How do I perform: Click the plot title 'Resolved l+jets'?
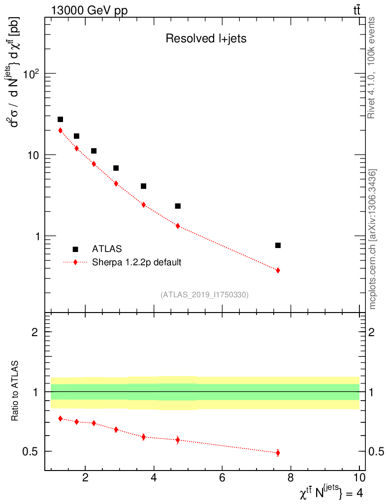click(x=206, y=39)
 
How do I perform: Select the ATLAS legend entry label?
click(x=107, y=249)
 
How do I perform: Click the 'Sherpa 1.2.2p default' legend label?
click(x=137, y=262)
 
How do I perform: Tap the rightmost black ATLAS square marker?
click(x=278, y=245)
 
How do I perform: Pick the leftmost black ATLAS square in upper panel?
click(x=60, y=119)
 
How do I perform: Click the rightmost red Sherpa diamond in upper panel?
click(x=278, y=270)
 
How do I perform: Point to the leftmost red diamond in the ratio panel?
click(x=60, y=418)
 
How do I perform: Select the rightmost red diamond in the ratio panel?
click(x=278, y=453)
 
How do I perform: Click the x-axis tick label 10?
click(x=359, y=477)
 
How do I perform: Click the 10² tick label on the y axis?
click(x=31, y=74)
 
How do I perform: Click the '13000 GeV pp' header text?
click(x=89, y=11)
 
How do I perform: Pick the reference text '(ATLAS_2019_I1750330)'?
click(x=204, y=295)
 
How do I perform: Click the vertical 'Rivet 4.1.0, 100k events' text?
click(x=372, y=67)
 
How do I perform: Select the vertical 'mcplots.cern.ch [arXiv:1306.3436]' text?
click(x=373, y=239)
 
